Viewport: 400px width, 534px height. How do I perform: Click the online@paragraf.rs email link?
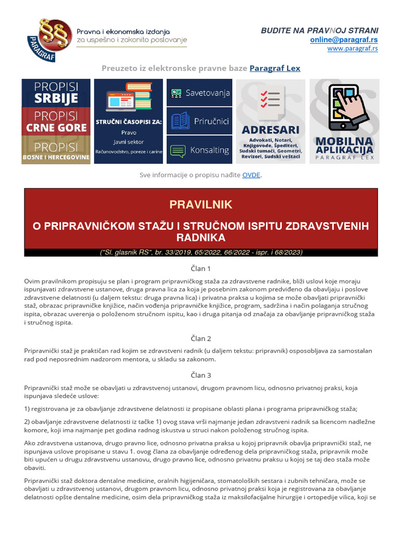tap(344, 40)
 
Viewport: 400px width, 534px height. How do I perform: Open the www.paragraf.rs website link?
tap(353, 48)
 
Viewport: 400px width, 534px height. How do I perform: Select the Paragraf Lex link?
tap(275, 68)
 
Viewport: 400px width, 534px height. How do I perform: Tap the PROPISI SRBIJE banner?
tap(56, 93)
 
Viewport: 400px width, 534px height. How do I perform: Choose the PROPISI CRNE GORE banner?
tap(56, 121)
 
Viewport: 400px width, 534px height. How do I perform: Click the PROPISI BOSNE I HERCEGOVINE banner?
tap(56, 150)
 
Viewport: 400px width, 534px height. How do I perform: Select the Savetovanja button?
tap(200, 93)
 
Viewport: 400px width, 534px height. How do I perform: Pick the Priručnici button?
tap(200, 121)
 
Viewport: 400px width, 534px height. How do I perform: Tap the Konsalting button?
tap(200, 150)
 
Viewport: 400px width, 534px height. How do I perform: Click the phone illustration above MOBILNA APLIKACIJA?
tap(344, 106)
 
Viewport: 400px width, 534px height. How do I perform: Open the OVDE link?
tap(251, 175)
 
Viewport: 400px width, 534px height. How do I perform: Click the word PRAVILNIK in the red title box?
tap(201, 204)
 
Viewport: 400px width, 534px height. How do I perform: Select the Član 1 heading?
tap(201, 269)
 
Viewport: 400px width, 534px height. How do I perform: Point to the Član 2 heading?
tap(201, 338)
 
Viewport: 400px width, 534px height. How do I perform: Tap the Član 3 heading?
tap(201, 375)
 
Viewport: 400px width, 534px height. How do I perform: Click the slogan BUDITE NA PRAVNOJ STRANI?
tap(319, 31)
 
